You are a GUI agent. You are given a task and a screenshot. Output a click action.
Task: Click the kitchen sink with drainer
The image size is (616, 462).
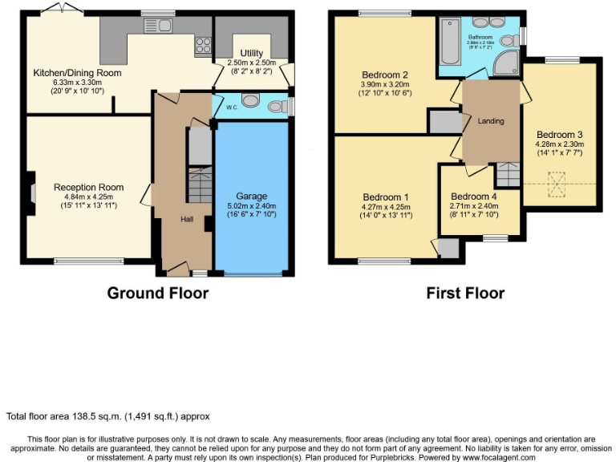point(157,26)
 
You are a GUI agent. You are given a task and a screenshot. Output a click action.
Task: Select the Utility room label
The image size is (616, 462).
point(240,51)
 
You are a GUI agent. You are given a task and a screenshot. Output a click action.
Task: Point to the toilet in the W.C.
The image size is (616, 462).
point(277,106)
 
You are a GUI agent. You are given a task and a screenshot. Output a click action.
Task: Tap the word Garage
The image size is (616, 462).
point(251,196)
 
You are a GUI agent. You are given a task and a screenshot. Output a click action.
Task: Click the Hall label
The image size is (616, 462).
point(186,219)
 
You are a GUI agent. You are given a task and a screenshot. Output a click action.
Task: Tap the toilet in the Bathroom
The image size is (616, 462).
point(508,41)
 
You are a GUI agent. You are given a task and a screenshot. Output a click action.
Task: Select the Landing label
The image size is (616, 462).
point(490,121)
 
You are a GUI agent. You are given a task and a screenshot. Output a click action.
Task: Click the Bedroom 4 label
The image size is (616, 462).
point(473,197)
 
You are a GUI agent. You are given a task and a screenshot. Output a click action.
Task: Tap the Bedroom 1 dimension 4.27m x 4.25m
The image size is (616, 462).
point(387,207)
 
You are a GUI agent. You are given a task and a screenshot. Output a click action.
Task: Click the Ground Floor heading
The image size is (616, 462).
point(157,293)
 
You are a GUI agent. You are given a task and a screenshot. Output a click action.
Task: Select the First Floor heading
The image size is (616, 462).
point(465,293)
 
